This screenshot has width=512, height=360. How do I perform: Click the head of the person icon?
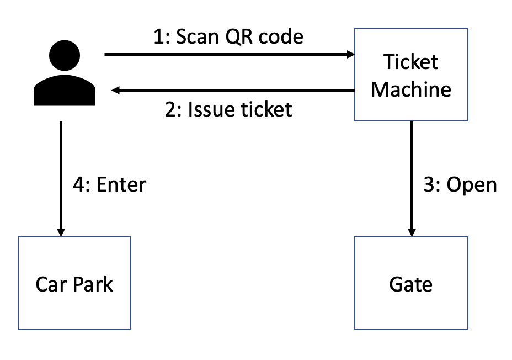tap(65, 56)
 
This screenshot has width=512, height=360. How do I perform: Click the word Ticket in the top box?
tap(410, 62)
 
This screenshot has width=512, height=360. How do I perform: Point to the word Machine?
tap(410, 88)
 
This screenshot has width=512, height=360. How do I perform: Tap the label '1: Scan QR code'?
tap(228, 36)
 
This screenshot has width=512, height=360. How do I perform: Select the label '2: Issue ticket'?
tap(228, 109)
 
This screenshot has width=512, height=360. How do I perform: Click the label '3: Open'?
tap(460, 184)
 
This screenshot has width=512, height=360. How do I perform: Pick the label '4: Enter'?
tap(109, 184)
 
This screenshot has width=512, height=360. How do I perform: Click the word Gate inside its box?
tap(410, 284)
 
